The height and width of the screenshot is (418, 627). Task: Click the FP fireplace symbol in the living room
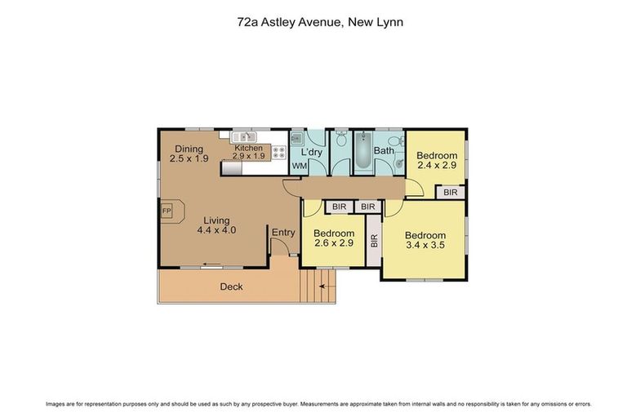pos(167,211)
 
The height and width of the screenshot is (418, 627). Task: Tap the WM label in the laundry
pos(300,167)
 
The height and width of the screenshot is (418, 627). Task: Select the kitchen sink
pos(244,137)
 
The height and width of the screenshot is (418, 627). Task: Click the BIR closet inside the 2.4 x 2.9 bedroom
pos(451,193)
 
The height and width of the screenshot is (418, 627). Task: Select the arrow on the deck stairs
pos(322,287)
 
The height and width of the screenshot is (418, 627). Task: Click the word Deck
pos(231,287)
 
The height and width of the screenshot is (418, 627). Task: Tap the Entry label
pos(283,233)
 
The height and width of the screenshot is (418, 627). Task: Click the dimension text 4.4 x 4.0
pos(216,231)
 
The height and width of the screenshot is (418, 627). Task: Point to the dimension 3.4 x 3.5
pos(425,243)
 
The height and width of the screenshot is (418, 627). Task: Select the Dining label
pos(188,149)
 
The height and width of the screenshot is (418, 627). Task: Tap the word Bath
pos(384,150)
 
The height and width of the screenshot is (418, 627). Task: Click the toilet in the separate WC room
pos(340,140)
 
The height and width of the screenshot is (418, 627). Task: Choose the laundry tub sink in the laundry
pos(297,139)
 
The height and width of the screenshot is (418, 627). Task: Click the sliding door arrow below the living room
pos(211,265)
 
